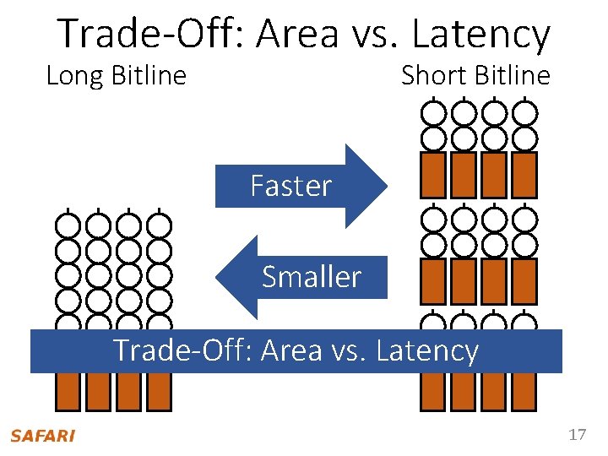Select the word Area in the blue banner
coord(290,350)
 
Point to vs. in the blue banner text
coord(346,350)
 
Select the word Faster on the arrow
coord(291,186)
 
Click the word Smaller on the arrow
coord(312,277)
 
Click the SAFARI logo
coord(42,436)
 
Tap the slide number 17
coord(578,435)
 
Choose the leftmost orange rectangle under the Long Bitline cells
coord(68,391)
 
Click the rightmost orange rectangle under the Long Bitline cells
coord(159,391)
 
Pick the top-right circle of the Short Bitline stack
coord(524,111)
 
